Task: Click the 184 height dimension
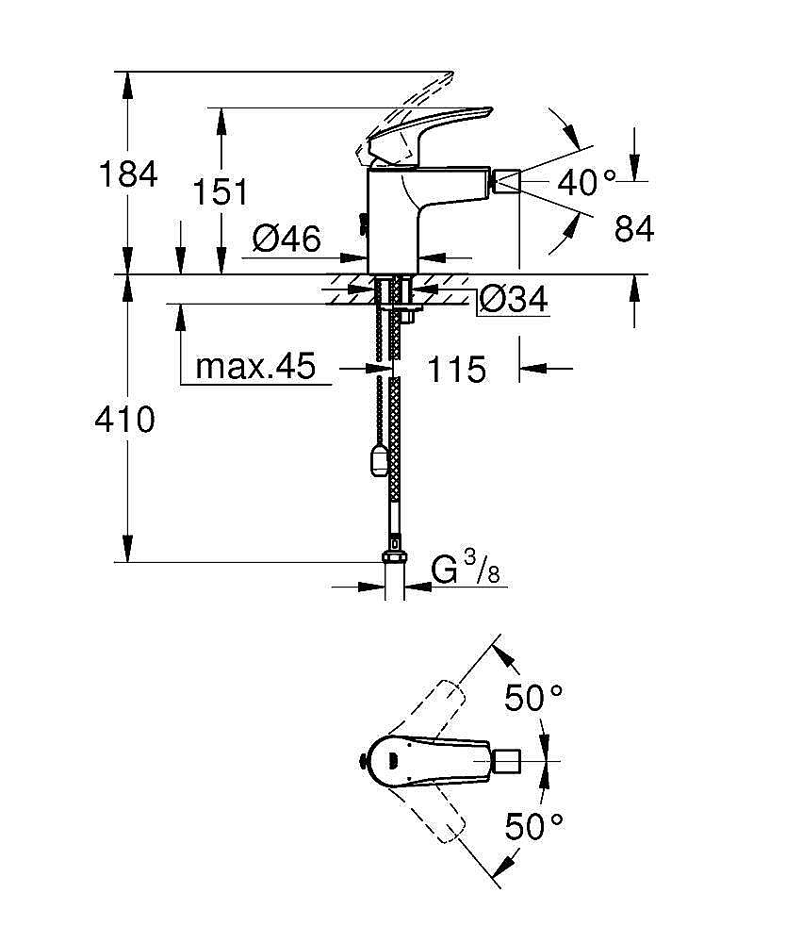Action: click(x=127, y=174)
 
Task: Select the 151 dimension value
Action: click(x=220, y=192)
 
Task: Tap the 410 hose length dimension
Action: click(x=125, y=420)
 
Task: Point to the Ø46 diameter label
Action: click(x=287, y=239)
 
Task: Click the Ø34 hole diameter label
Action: click(x=514, y=299)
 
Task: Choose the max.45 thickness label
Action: click(x=255, y=365)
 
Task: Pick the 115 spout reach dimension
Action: click(x=457, y=369)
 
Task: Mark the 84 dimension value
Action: click(x=634, y=228)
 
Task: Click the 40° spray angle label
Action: click(x=587, y=182)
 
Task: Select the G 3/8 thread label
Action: click(x=466, y=569)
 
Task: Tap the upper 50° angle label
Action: click(x=533, y=698)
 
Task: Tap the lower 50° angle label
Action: click(x=533, y=826)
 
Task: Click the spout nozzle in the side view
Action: click(x=505, y=181)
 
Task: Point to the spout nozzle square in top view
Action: click(x=506, y=761)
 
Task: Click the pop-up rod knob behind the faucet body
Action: click(x=362, y=223)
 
